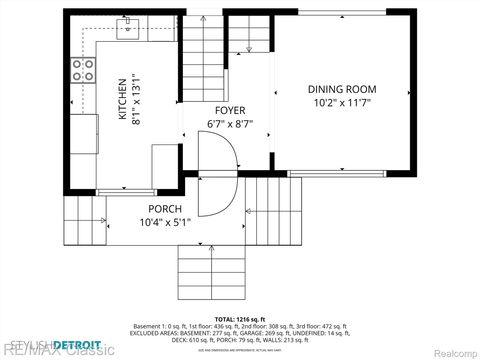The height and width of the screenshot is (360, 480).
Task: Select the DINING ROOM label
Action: [339, 88]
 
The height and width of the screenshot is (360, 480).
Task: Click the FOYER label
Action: [230, 110]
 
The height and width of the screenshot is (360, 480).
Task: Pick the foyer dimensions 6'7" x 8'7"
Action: [230, 124]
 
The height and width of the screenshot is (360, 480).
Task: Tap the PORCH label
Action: [165, 208]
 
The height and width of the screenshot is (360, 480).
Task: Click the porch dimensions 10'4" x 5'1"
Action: [165, 222]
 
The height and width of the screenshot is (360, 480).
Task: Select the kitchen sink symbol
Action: [127, 30]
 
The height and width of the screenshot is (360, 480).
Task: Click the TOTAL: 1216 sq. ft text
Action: [239, 319]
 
